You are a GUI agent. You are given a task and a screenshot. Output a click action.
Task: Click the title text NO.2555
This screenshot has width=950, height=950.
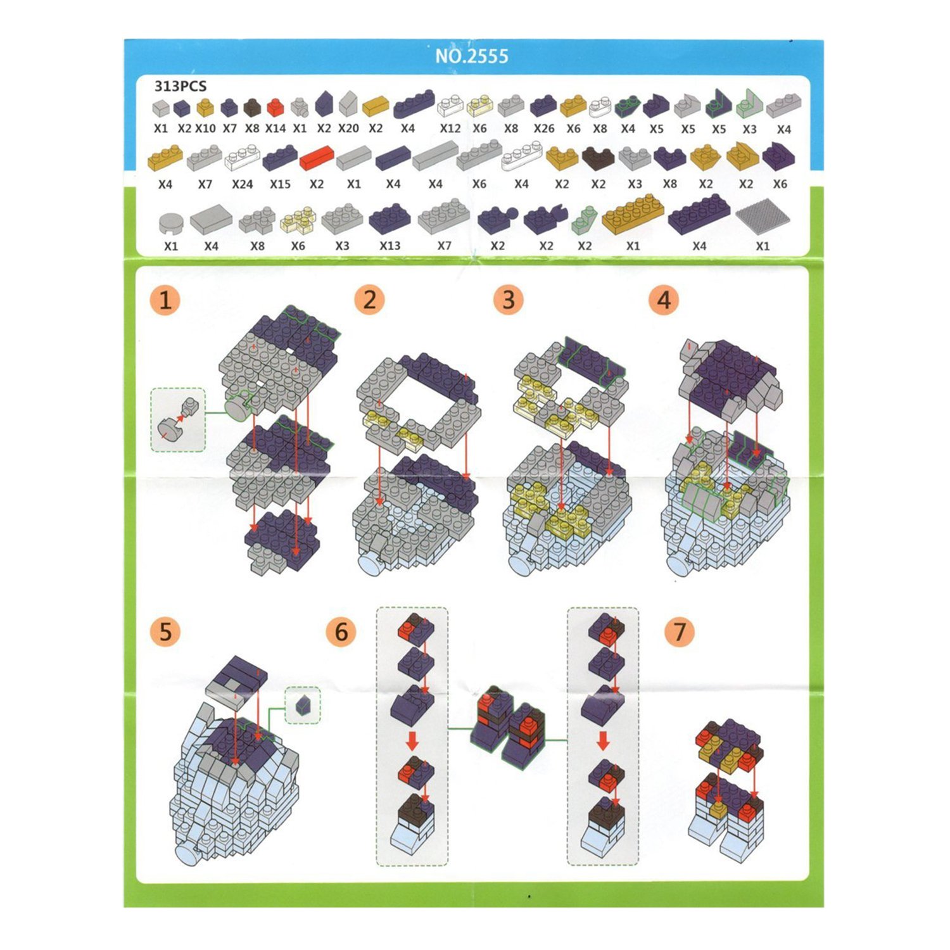click(x=471, y=56)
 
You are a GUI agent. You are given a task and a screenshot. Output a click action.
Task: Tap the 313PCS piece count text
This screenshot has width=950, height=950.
click(x=180, y=86)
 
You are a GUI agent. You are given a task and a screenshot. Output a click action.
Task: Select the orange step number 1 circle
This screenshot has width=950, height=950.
click(x=165, y=300)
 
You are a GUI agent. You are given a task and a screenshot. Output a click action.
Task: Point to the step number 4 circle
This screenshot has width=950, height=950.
click(x=664, y=300)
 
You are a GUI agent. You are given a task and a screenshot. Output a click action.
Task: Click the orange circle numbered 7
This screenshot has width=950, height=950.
click(x=680, y=631)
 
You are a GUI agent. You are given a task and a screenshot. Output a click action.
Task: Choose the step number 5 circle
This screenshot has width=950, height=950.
click(x=165, y=631)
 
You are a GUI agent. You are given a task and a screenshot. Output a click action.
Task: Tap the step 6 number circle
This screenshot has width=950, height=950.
click(x=341, y=631)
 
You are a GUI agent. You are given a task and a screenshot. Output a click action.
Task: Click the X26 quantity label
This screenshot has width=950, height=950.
click(x=543, y=129)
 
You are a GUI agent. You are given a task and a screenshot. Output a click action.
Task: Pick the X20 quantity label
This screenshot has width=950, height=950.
click(x=348, y=129)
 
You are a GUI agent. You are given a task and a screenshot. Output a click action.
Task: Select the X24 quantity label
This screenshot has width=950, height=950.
click(x=242, y=184)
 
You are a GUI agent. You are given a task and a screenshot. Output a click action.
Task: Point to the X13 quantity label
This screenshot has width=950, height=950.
click(x=389, y=246)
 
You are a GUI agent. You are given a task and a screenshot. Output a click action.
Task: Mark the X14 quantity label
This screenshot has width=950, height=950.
click(x=275, y=129)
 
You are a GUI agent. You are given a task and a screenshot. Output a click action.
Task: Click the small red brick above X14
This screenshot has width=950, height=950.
click(x=275, y=108)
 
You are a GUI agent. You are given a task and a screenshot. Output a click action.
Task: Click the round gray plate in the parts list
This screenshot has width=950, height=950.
click(x=170, y=224)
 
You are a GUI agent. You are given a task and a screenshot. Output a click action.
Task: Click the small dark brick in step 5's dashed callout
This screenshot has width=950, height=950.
click(x=303, y=705)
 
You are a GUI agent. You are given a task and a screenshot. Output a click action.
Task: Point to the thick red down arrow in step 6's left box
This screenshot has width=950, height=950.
click(x=412, y=740)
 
